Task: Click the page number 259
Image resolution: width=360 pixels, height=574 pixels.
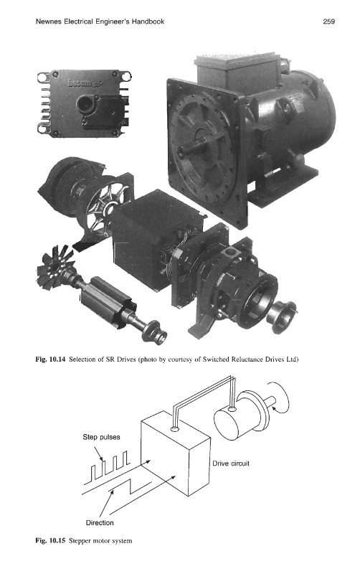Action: point(328,22)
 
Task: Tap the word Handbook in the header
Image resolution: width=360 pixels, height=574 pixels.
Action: point(148,22)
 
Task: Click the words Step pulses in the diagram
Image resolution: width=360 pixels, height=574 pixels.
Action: point(101,437)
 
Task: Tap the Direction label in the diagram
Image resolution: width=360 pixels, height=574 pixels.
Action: point(100,523)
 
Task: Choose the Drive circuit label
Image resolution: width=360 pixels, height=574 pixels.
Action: point(231,464)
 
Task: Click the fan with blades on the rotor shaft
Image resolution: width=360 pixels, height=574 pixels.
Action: point(55,267)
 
